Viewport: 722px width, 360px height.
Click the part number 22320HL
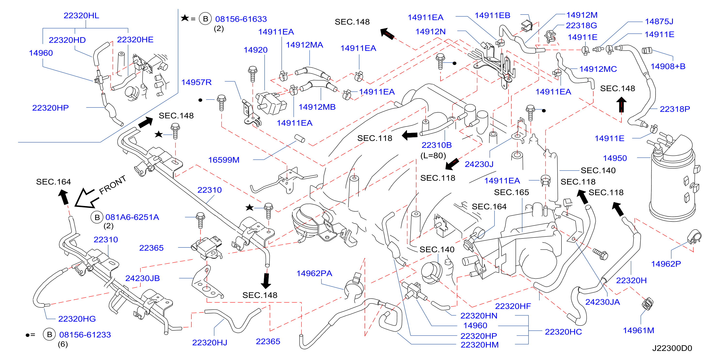[81, 16]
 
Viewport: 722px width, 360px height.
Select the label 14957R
[196, 82]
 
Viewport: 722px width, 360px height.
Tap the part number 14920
[255, 50]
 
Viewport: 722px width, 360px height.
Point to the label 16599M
[224, 160]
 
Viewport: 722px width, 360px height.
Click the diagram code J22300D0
[672, 348]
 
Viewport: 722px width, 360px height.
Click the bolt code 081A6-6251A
[132, 217]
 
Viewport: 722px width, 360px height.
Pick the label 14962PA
[314, 273]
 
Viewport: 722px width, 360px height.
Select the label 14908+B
[668, 66]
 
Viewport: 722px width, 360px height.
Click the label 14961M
[639, 331]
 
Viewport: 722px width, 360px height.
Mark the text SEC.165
[511, 192]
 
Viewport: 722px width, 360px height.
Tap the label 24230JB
[142, 278]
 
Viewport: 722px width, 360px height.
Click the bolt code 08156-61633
[241, 19]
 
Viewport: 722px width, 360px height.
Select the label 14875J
[659, 22]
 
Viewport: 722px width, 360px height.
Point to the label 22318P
[675, 109]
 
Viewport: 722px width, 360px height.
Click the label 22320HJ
[210, 343]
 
